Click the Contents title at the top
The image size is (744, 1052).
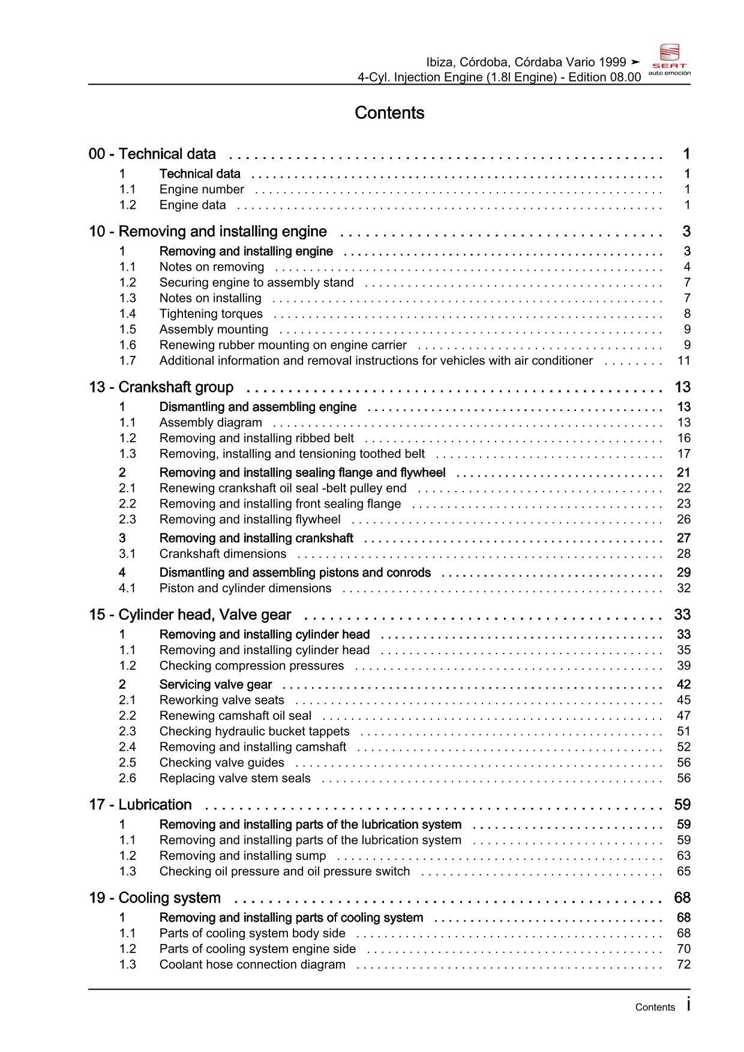pos(389,113)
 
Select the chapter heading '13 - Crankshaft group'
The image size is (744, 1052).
pos(161,387)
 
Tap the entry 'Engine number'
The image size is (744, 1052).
pos(202,190)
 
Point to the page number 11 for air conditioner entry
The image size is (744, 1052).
pos(683,361)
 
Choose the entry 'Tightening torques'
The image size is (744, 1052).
pos(211,314)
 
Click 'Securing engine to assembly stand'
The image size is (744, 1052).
pos(256,283)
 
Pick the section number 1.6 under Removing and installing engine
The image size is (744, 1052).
pos(127,345)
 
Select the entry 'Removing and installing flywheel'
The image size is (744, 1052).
pos(250,520)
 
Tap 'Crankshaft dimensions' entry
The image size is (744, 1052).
pos(223,554)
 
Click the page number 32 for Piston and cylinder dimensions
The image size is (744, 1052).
pos(683,589)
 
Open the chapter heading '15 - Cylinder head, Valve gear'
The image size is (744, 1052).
pos(190,615)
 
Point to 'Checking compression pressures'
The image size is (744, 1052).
pos(251,666)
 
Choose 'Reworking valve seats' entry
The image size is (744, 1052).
pos(221,700)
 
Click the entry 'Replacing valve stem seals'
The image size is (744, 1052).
pos(235,778)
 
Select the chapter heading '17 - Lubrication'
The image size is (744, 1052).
pos(140,805)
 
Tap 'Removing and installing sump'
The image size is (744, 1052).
pos(242,856)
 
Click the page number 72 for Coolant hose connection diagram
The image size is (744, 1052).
pos(683,965)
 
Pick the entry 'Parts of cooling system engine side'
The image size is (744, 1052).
pos(257,949)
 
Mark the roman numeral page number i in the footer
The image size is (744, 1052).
pos(688,1005)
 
